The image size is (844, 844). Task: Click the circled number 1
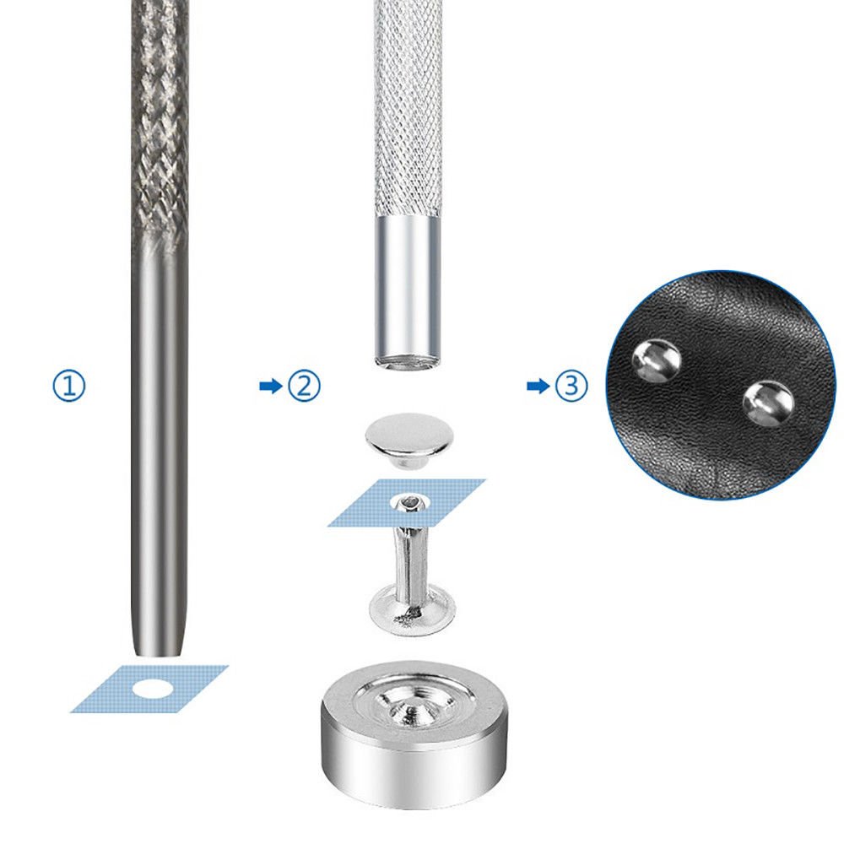tap(69, 386)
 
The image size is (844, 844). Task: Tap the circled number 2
tap(304, 386)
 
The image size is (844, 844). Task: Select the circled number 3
tap(571, 386)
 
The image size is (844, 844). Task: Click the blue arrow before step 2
tap(271, 386)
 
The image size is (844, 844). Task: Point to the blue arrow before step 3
tap(538, 386)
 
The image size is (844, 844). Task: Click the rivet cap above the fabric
tap(409, 439)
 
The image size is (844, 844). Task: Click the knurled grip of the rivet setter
tap(408, 108)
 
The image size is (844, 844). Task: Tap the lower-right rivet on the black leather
tap(768, 403)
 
